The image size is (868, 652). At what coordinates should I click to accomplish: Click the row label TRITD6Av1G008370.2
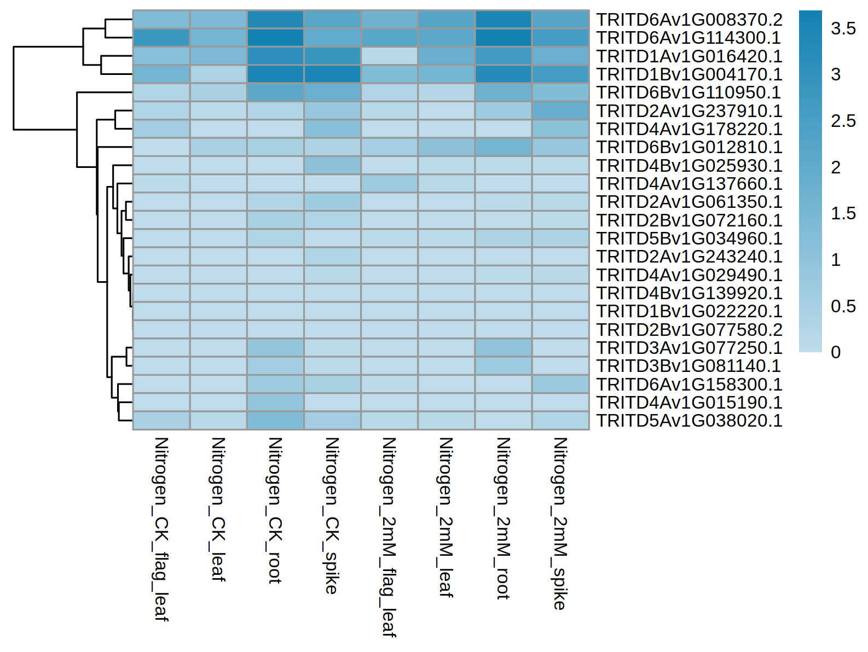click(x=689, y=20)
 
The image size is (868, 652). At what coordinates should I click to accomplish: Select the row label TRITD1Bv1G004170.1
click(x=689, y=74)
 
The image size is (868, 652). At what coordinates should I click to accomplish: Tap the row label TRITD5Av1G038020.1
click(x=689, y=421)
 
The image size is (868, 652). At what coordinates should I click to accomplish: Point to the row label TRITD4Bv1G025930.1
click(x=689, y=166)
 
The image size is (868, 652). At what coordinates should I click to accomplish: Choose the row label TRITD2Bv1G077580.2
click(x=689, y=330)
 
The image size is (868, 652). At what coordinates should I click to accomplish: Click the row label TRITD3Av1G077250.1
click(x=689, y=348)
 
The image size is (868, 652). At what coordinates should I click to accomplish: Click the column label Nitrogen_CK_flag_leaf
click(x=161, y=529)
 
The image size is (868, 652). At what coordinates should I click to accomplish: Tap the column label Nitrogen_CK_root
click(x=275, y=510)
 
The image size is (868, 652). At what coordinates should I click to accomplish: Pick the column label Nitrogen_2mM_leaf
click(x=446, y=517)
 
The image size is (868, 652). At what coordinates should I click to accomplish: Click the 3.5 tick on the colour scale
click(x=843, y=28)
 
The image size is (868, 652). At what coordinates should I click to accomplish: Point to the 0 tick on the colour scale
click(x=836, y=352)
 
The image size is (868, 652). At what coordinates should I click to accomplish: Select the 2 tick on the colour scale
click(x=836, y=167)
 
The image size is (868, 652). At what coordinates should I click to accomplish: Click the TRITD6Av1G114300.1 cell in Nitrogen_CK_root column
click(x=275, y=38)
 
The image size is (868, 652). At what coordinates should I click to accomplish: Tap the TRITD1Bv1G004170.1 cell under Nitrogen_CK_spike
click(x=332, y=74)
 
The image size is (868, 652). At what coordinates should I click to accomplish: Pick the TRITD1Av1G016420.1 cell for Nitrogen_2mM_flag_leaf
click(x=389, y=56)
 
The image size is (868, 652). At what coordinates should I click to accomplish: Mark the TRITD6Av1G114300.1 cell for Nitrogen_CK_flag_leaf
click(x=161, y=38)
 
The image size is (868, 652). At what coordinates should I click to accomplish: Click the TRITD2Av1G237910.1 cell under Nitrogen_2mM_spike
click(x=560, y=110)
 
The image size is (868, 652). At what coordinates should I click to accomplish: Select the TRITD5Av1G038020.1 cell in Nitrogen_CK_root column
click(x=275, y=421)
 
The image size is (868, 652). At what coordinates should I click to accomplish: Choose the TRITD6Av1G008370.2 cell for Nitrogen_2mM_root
click(x=504, y=20)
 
